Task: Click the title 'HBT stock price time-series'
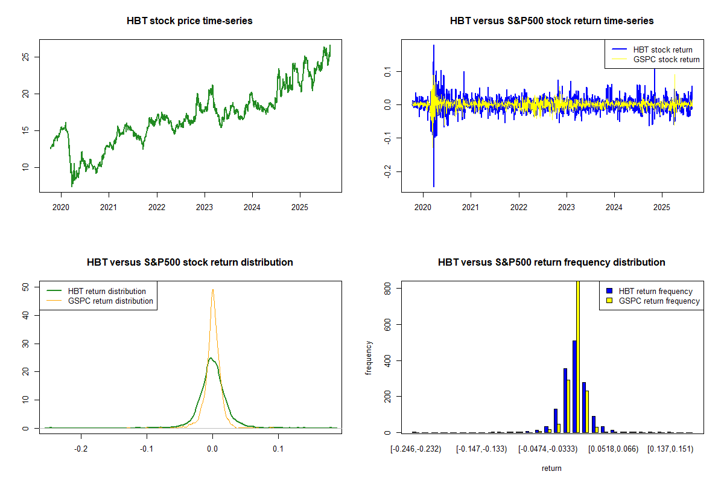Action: [189, 21]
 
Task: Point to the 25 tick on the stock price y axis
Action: [26, 57]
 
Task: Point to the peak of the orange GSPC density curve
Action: [212, 289]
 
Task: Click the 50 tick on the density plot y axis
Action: [26, 287]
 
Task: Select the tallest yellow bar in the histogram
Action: [578, 356]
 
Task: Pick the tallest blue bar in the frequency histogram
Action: [574, 386]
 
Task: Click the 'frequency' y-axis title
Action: [369, 357]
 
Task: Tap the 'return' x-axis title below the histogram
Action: [551, 468]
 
